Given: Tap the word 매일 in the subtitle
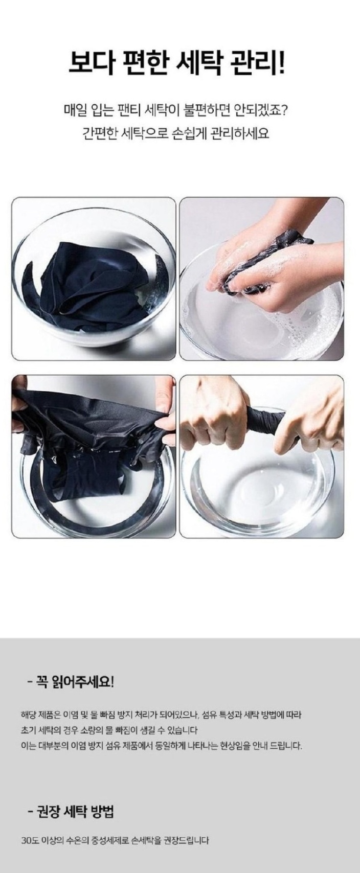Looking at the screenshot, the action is pyautogui.click(x=75, y=111).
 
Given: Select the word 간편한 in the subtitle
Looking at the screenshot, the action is pyautogui.click(x=99, y=134).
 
